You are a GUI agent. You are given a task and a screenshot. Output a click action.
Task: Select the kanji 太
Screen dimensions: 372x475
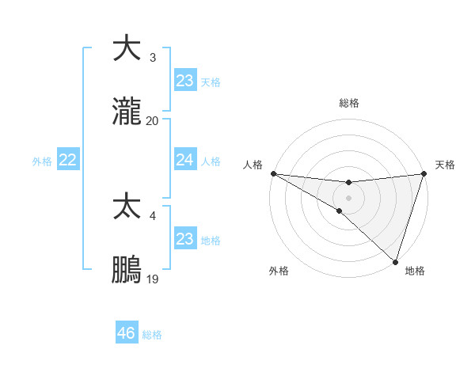[x=127, y=206]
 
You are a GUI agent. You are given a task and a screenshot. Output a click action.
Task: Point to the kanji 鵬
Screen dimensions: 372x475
[x=127, y=270]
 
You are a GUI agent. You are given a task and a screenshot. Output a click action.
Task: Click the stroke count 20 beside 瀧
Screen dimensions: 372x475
[x=152, y=121]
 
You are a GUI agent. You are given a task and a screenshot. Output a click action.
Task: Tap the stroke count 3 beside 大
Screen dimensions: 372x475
[x=152, y=57]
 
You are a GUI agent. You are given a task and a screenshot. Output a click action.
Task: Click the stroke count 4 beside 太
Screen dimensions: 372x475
[x=152, y=214]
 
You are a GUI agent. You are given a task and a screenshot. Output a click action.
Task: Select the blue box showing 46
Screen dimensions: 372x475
[x=127, y=333]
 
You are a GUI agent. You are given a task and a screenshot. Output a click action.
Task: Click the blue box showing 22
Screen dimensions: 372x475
[x=68, y=160]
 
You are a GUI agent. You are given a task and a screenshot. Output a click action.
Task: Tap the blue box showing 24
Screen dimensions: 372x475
[x=184, y=160]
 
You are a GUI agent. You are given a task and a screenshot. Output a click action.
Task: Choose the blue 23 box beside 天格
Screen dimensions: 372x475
[x=184, y=80]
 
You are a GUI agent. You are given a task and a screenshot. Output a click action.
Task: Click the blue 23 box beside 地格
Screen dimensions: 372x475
[x=184, y=238]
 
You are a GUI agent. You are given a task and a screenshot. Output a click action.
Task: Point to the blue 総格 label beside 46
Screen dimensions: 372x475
[x=153, y=335]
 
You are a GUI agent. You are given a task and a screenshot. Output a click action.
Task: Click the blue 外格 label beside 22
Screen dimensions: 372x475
[x=42, y=161]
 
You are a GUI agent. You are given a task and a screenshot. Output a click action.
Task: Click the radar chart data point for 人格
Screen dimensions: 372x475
[x=273, y=173]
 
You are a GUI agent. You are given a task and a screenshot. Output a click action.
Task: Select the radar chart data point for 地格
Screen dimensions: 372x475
[x=395, y=261]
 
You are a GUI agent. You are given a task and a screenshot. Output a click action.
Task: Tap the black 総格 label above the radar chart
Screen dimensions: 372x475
[x=348, y=103]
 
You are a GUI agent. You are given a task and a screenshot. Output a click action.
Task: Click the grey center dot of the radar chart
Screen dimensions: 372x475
[x=348, y=197]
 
